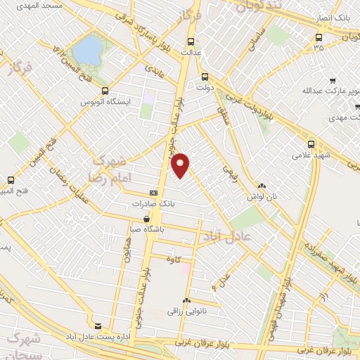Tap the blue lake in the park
point(87,49)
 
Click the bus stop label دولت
point(205,89)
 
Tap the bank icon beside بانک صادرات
point(153,193)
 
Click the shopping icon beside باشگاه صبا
point(146,219)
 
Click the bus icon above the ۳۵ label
point(319,37)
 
